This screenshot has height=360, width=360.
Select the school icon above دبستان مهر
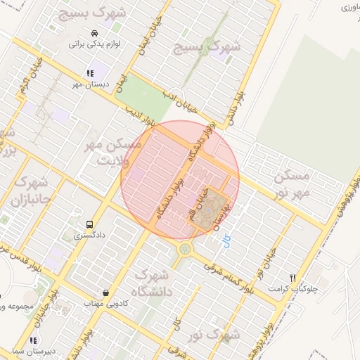(x=89, y=73)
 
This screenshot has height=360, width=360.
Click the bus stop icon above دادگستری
(x=89, y=224)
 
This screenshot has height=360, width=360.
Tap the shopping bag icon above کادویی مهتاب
(x=105, y=292)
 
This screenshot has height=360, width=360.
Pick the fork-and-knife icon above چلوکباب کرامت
(x=293, y=278)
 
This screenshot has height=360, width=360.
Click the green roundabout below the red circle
(x=185, y=248)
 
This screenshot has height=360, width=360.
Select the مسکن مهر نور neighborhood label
(x=291, y=183)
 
